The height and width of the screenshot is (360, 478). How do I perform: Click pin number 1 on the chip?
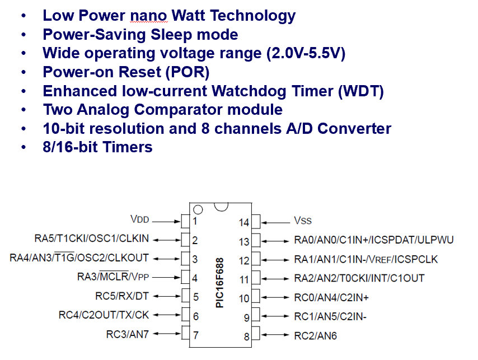[195, 221]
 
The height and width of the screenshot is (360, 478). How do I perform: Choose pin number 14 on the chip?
[243, 222]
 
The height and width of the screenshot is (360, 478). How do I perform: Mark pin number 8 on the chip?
[246, 336]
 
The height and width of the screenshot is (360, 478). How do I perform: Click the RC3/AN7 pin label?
[126, 335]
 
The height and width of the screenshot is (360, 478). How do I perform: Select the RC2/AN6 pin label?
[315, 336]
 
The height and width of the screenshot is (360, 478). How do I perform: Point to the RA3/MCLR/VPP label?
[116, 277]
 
